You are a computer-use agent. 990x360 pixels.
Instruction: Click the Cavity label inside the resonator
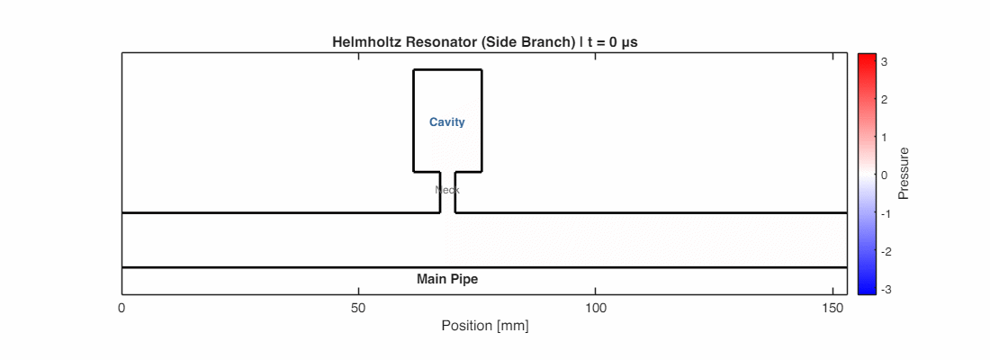(447, 122)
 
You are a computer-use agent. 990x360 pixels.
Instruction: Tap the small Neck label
(447, 190)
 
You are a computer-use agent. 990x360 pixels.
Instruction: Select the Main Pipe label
(447, 279)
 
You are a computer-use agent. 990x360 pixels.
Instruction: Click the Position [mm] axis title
(484, 326)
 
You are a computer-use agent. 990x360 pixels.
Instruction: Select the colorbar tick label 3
(885, 62)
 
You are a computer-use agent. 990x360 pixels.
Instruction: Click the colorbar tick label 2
(885, 100)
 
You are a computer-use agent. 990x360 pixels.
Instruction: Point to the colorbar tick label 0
(885, 175)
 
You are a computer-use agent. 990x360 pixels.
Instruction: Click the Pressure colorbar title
(904, 173)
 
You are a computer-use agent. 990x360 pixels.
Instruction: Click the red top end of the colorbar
(867, 59)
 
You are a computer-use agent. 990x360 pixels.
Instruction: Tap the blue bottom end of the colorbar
(867, 290)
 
